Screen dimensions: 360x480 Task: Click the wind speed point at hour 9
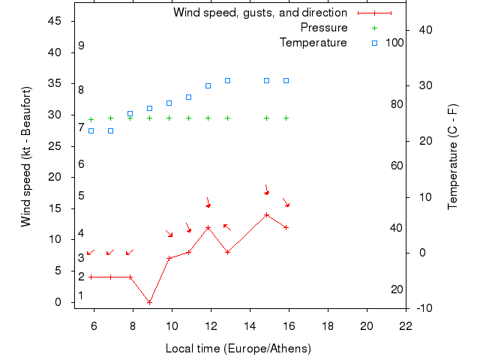click(150, 302)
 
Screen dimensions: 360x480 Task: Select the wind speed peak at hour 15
click(266, 214)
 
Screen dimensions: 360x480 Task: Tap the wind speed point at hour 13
click(227, 252)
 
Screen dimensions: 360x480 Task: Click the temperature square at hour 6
click(91, 130)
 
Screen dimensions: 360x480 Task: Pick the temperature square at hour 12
click(208, 85)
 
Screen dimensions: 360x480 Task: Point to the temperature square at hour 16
click(286, 80)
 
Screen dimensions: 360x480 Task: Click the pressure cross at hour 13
click(227, 118)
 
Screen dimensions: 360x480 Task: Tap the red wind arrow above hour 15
click(266, 190)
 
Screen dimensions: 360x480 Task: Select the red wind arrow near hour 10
click(169, 234)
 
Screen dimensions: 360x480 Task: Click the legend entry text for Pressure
click(323, 28)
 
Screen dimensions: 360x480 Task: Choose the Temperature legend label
click(313, 43)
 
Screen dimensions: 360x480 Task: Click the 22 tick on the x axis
click(406, 326)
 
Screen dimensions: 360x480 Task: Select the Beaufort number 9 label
click(81, 46)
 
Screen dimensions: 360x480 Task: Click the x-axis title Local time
click(238, 349)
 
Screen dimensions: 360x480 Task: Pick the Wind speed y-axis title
click(26, 156)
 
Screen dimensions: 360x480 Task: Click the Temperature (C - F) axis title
click(453, 156)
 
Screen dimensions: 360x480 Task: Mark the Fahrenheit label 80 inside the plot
click(397, 104)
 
